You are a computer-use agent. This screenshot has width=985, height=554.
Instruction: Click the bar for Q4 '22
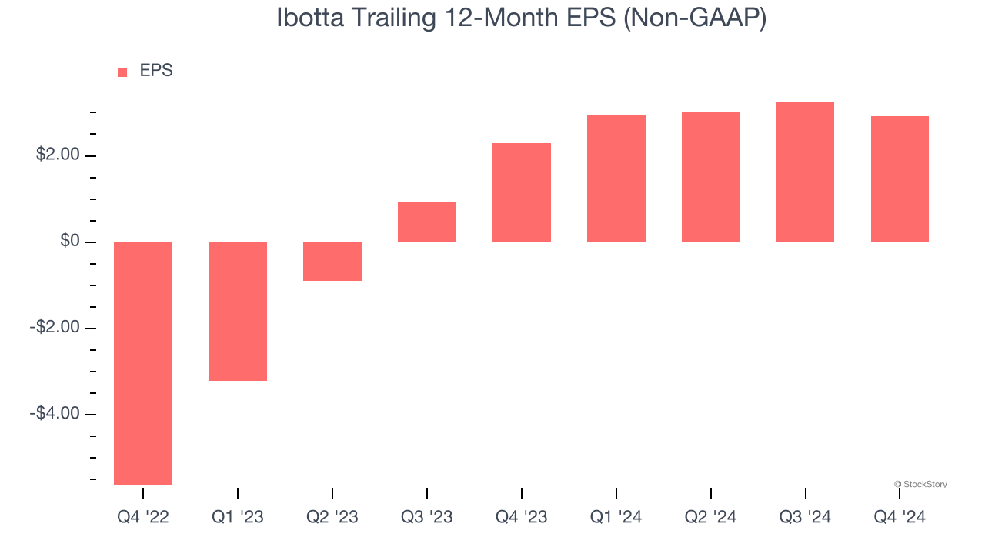pos(143,363)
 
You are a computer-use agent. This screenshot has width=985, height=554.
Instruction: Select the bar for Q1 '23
pos(238,312)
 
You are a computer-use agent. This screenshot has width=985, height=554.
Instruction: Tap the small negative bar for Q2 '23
pos(332,262)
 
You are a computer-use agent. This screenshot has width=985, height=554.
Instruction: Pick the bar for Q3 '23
pos(427,222)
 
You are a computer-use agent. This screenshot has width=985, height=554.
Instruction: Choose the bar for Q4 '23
pos(522,193)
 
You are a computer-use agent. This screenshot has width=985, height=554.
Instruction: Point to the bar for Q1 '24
pos(616,179)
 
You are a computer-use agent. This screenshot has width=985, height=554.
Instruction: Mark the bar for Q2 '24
pos(711,177)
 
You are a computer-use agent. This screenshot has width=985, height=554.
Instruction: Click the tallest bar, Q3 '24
pos(805,172)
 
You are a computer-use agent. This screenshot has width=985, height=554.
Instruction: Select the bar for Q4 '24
pos(900,179)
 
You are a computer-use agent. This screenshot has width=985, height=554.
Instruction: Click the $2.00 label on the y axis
pos(58,155)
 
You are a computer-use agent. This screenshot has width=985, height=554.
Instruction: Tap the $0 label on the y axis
pos(69,242)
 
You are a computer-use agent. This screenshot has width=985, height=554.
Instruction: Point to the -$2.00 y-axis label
pos(55,328)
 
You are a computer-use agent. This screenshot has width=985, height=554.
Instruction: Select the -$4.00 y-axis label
pos(55,414)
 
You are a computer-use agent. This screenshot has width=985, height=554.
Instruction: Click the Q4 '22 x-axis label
pos(143,517)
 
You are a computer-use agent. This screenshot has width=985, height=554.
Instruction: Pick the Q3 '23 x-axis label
pos(427,517)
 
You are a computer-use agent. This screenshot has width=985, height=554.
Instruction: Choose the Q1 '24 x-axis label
pos(616,517)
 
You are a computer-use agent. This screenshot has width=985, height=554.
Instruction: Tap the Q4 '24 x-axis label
pos(900,517)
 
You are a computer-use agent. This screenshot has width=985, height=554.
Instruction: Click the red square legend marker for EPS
pos(122,72)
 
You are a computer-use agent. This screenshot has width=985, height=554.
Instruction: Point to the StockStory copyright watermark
pos(920,484)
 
